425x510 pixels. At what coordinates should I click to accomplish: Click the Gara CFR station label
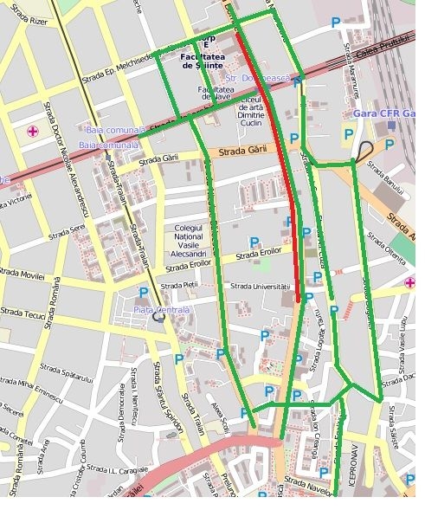click(384, 113)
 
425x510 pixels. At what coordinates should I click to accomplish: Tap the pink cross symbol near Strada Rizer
click(33, 131)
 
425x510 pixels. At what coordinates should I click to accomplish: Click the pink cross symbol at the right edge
click(409, 282)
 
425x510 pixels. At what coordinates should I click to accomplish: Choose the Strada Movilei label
click(21, 273)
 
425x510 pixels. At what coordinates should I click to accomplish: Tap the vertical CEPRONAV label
click(351, 472)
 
